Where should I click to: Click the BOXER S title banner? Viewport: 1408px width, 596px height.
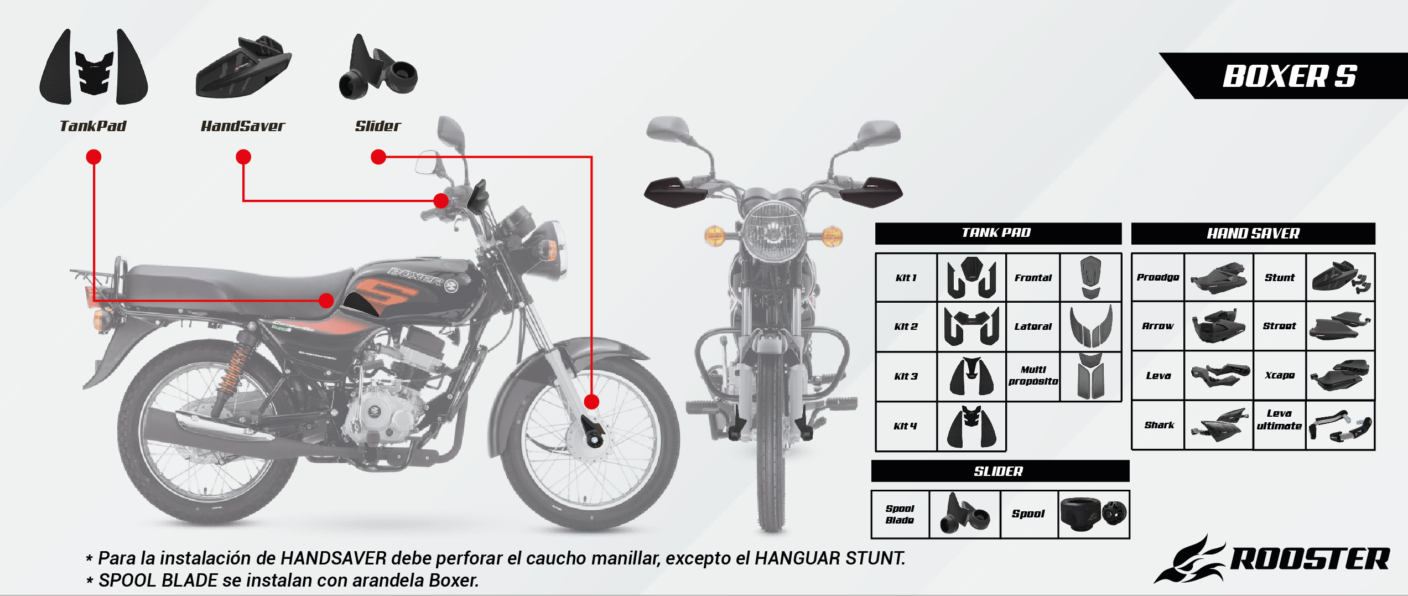click(x=1289, y=76)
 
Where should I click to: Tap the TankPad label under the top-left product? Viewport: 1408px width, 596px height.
click(x=93, y=126)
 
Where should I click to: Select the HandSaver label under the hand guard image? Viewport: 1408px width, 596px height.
click(x=243, y=126)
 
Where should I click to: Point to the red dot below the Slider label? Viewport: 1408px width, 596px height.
click(x=378, y=157)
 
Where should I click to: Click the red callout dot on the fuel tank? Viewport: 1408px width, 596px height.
click(x=326, y=300)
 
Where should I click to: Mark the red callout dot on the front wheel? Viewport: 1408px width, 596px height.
click(x=591, y=402)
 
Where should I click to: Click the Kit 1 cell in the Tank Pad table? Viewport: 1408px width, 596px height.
click(x=906, y=278)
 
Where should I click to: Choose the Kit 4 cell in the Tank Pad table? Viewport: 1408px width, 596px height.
click(x=906, y=426)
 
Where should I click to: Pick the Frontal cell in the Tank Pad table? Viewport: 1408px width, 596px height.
click(x=1033, y=278)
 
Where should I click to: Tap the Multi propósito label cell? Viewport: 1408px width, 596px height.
click(x=1033, y=376)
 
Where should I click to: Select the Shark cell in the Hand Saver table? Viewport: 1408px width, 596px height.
click(x=1158, y=425)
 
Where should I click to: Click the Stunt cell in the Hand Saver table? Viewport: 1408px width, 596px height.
click(x=1280, y=278)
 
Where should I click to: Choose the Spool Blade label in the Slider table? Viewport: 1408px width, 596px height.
click(x=900, y=514)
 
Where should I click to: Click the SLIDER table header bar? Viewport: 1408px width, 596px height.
click(x=1000, y=471)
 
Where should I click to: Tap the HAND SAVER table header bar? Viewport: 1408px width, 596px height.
click(x=1253, y=234)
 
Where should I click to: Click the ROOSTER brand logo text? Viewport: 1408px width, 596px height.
click(x=1310, y=559)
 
